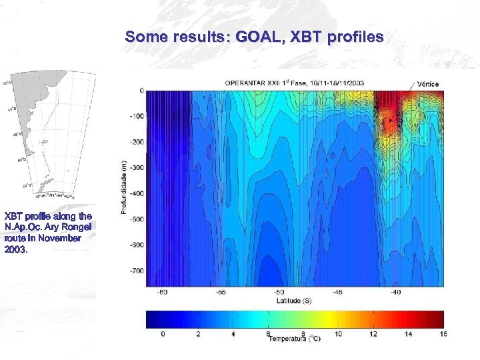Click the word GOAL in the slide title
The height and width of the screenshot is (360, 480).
coord(256,37)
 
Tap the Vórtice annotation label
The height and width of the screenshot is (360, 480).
coord(427,84)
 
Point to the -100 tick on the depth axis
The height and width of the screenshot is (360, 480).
coord(136,117)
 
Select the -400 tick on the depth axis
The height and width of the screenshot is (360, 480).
coord(136,194)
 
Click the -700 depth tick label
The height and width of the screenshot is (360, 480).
coord(136,271)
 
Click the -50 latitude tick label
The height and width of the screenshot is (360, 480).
coord(279,292)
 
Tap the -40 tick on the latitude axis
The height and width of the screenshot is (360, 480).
coord(396,292)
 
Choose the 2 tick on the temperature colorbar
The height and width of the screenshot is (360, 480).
coord(197,333)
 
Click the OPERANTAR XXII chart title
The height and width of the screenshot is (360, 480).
coord(293,83)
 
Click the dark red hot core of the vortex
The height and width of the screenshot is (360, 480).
coord(389,120)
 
